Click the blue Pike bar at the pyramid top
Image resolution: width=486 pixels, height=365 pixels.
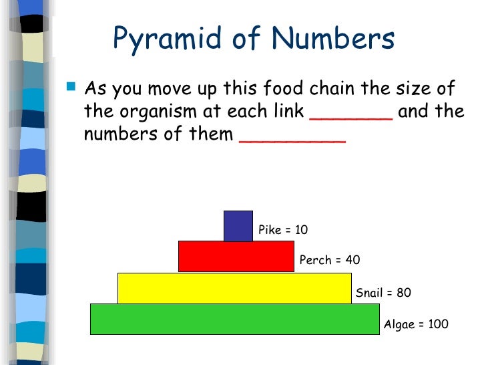click(x=238, y=226)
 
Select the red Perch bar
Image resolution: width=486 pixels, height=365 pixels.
click(x=236, y=257)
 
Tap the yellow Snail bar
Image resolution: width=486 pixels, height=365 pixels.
click(x=234, y=288)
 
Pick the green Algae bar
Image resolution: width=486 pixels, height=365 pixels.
click(x=234, y=319)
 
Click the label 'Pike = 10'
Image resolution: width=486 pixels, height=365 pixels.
click(x=283, y=230)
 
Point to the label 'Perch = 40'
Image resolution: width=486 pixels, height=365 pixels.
click(x=330, y=260)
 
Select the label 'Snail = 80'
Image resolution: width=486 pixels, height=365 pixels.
click(x=383, y=293)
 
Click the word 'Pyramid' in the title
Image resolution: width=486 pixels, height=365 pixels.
click(x=160, y=40)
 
